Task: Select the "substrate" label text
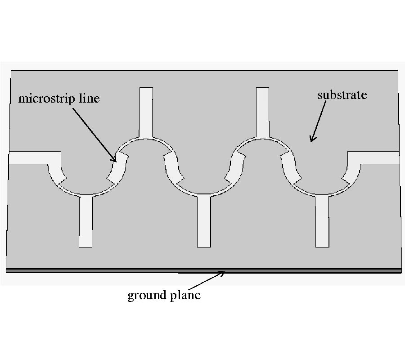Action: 342,95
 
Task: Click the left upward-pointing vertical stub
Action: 146,112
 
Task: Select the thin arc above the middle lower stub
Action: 203,193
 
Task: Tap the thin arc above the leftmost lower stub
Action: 85,193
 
